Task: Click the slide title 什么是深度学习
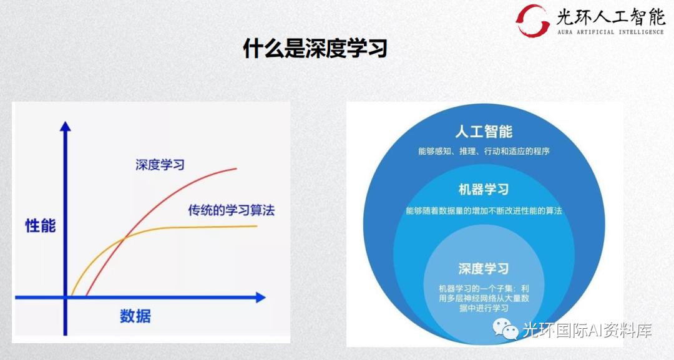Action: [x=315, y=47]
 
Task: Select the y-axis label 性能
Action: [x=40, y=225]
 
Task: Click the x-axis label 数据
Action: [x=135, y=316]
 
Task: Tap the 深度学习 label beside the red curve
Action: [x=160, y=165]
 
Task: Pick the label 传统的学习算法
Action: [x=231, y=210]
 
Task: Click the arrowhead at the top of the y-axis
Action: [x=65, y=125]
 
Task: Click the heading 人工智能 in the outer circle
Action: [x=484, y=132]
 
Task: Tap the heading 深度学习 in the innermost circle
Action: [x=484, y=269]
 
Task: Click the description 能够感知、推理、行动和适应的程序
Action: [x=484, y=151]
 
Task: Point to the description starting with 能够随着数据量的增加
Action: [x=484, y=211]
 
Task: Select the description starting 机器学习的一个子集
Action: [x=484, y=298]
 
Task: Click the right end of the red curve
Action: [x=237, y=168]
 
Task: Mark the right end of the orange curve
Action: [x=256, y=226]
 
